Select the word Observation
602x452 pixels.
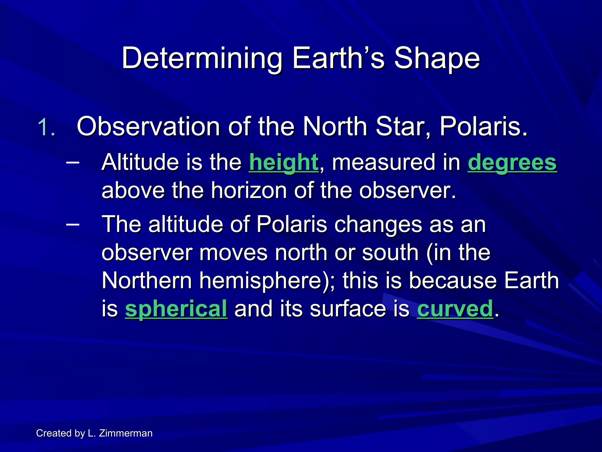(x=148, y=127)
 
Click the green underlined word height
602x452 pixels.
(x=284, y=163)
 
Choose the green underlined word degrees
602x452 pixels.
(x=512, y=163)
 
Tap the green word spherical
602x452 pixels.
(x=176, y=309)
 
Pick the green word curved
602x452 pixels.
(x=455, y=309)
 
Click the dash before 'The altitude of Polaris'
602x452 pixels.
(x=73, y=225)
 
